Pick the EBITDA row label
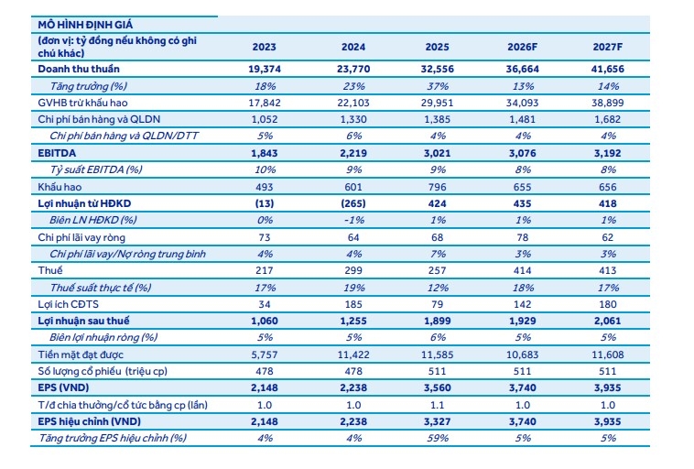tap(59, 152)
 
